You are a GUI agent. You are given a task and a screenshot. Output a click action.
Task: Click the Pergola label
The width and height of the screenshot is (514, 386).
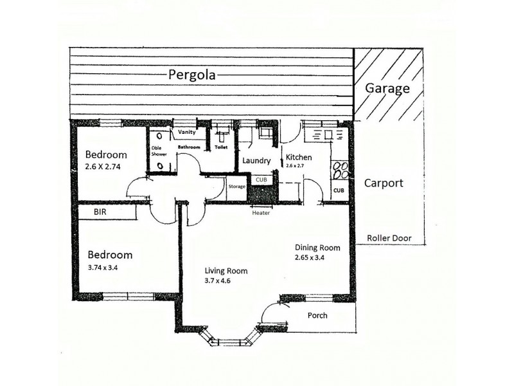192,74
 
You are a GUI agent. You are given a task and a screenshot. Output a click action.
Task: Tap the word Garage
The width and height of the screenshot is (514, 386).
387,89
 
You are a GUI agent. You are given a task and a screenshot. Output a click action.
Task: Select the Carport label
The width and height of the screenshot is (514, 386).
384,183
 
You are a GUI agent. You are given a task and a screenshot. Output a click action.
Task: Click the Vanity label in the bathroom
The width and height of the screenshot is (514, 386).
187,133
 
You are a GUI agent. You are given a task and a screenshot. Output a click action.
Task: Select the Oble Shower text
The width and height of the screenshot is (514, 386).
159,151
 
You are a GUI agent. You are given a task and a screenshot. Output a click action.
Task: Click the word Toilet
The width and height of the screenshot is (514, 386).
221,147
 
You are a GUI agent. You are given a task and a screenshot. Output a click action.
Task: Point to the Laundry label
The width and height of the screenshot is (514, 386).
255,161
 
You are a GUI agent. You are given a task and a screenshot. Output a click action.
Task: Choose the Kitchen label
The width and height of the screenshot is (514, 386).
299,157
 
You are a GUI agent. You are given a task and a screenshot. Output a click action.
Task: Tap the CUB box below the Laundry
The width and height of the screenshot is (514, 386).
261,179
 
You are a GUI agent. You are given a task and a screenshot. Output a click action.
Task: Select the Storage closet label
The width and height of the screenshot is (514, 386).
236,187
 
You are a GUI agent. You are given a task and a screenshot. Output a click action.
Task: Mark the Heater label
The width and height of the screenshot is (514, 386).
261,213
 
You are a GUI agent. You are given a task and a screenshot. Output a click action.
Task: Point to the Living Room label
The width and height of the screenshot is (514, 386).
226,271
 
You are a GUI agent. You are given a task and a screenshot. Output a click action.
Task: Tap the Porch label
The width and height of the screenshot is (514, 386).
317,315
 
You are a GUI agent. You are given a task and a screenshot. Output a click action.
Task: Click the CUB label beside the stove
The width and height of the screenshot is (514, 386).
339,190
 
